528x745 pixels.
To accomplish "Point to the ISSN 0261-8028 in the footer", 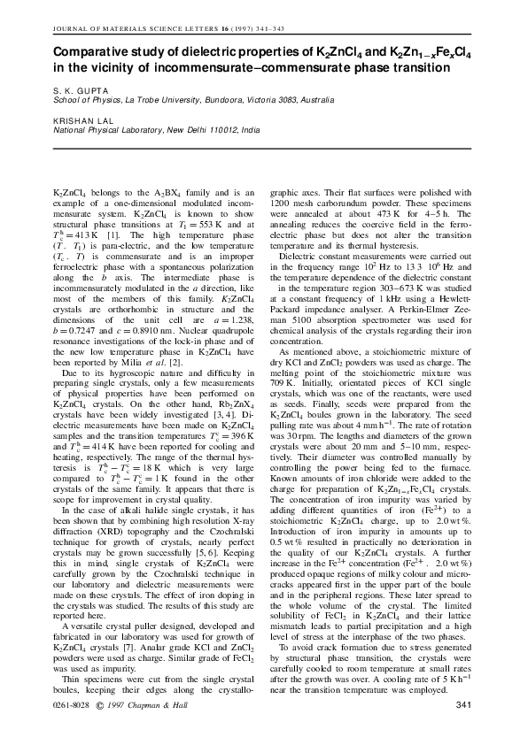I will click(73, 704).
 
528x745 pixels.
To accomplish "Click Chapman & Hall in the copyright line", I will click(163, 704).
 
